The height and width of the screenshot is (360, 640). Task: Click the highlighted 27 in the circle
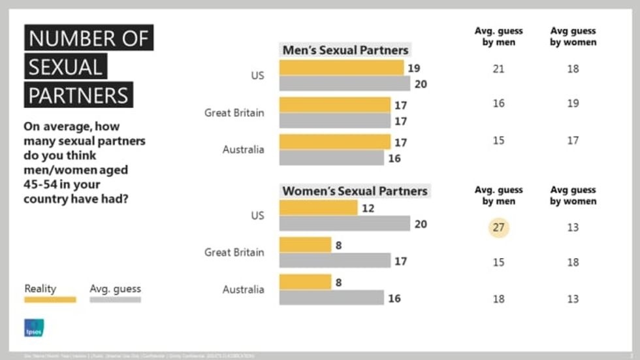click(498, 227)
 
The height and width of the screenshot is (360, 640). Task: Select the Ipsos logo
click(33, 328)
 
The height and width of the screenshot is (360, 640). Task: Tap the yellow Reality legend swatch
click(50, 300)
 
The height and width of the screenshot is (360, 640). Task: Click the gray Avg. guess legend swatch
click(115, 300)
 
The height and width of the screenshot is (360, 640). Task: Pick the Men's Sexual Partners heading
click(345, 50)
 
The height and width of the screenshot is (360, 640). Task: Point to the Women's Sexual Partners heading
click(355, 191)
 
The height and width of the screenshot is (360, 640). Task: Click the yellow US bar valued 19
click(341, 68)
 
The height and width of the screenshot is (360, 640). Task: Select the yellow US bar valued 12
click(318, 208)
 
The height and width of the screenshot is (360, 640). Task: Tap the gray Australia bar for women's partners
click(331, 298)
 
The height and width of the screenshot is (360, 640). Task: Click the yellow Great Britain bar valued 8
click(305, 245)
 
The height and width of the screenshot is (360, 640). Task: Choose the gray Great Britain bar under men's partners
click(334, 121)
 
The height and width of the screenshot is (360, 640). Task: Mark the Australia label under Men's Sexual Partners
click(244, 150)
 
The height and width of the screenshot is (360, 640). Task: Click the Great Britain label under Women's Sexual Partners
click(234, 252)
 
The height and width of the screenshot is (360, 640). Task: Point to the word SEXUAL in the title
click(65, 67)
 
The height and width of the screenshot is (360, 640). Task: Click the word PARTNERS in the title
click(78, 95)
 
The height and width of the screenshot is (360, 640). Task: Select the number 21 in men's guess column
click(498, 69)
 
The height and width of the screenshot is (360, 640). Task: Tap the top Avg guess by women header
click(573, 37)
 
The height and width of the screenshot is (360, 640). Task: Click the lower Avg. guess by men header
click(498, 195)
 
